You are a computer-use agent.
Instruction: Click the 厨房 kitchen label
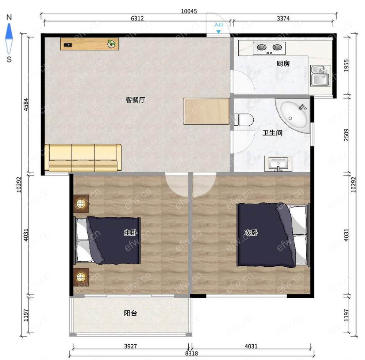point(283,64)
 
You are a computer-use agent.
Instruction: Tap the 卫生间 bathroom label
point(272,133)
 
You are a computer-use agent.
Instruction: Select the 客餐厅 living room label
point(135,100)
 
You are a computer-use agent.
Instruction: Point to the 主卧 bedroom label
point(130,232)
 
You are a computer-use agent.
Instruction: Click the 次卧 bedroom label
point(251,232)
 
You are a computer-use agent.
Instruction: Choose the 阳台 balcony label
point(130,313)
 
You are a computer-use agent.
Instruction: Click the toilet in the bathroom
point(244,120)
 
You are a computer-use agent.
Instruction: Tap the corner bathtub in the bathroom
point(293,116)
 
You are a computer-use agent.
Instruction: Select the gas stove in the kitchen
point(269,48)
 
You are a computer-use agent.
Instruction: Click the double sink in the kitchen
point(320,76)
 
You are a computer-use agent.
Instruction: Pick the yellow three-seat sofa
point(83,158)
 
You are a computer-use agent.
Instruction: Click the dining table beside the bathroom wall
point(207,111)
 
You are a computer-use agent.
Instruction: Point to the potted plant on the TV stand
point(111,43)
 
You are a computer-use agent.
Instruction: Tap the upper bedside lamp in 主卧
point(81,204)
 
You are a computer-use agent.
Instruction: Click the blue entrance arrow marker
point(218,31)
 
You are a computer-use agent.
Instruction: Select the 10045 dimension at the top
point(189,11)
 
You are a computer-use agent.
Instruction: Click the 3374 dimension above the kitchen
point(283,18)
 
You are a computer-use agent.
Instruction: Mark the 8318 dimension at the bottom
point(191,353)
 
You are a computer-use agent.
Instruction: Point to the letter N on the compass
point(9,17)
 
